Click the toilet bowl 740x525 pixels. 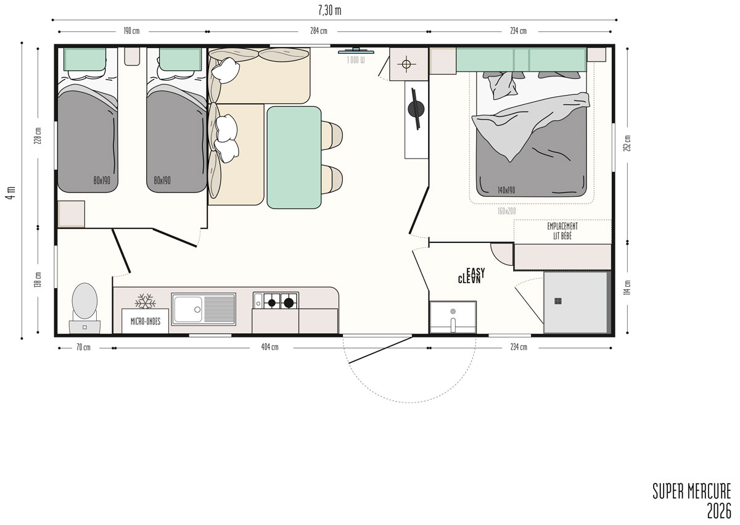point(84,300)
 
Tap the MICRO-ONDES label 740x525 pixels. point(146,321)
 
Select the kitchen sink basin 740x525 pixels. point(188,309)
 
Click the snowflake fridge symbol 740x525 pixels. point(146,301)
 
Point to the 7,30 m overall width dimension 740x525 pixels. point(330,10)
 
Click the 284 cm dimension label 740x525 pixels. point(319,31)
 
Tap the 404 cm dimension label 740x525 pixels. point(270,347)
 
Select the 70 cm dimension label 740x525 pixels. point(83,347)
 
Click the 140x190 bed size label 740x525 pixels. point(506,190)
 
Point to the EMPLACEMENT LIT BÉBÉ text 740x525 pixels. point(562,231)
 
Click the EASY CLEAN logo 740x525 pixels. point(471,276)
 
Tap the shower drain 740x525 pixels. point(558,301)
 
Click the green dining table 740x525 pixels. point(294,157)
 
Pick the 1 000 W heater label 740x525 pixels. point(356,60)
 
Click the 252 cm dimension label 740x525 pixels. point(628,143)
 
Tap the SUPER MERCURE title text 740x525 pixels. point(692,492)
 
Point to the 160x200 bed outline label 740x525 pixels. point(507,211)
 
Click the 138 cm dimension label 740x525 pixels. point(38,279)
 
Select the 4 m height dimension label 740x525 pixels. point(10,192)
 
